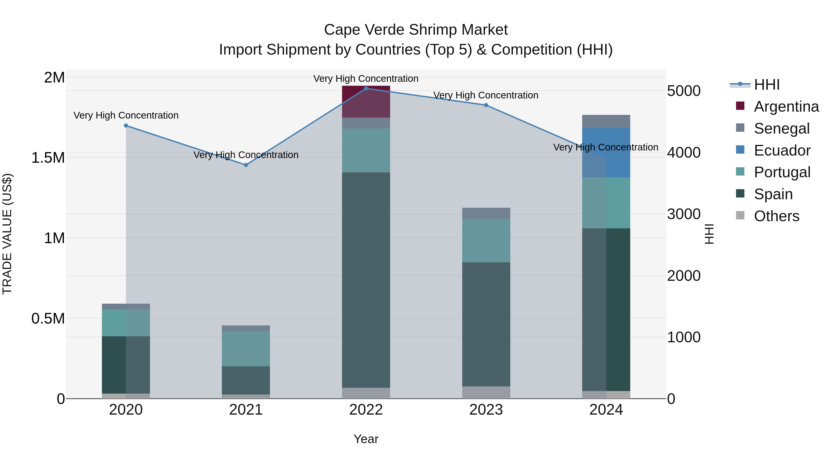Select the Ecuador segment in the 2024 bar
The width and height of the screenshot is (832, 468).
[606, 153]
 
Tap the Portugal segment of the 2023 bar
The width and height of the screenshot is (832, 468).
[486, 240]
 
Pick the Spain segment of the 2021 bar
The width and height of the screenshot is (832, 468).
[246, 380]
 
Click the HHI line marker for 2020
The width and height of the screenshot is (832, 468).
[126, 126]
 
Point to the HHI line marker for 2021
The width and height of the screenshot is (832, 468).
[246, 165]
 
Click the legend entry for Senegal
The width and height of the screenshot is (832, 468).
[781, 128]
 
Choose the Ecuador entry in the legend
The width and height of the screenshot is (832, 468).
[782, 150]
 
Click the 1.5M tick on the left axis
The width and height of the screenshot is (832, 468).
[48, 158]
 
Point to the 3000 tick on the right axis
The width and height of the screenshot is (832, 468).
[683, 214]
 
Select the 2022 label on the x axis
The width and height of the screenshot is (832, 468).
[366, 410]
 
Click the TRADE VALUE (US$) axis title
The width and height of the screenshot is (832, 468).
[7, 234]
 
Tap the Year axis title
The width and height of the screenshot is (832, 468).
[366, 439]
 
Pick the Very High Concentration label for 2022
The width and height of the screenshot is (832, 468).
[366, 79]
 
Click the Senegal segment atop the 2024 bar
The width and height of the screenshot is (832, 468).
[606, 121]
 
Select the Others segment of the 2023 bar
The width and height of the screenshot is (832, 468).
[486, 392]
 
